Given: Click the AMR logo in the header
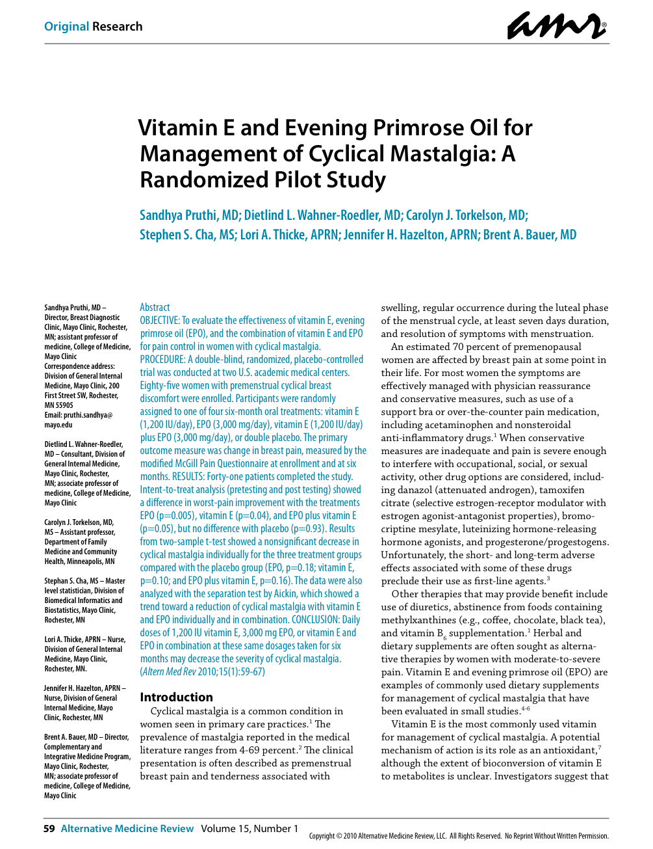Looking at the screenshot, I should tap(557, 26).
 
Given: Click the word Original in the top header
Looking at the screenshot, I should tap(66, 27).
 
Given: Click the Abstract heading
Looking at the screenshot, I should tap(155, 307).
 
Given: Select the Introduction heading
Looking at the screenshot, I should tap(176, 697).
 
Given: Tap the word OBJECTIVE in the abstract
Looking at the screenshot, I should tap(159, 320).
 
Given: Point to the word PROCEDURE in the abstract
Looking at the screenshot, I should tap(162, 359).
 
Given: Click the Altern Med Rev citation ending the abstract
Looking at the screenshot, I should tap(202, 671).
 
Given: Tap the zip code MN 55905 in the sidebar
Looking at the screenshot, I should tap(59, 405).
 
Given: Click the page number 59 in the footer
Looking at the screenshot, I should tap(49, 829).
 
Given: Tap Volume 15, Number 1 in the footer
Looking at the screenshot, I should tap(250, 829).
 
